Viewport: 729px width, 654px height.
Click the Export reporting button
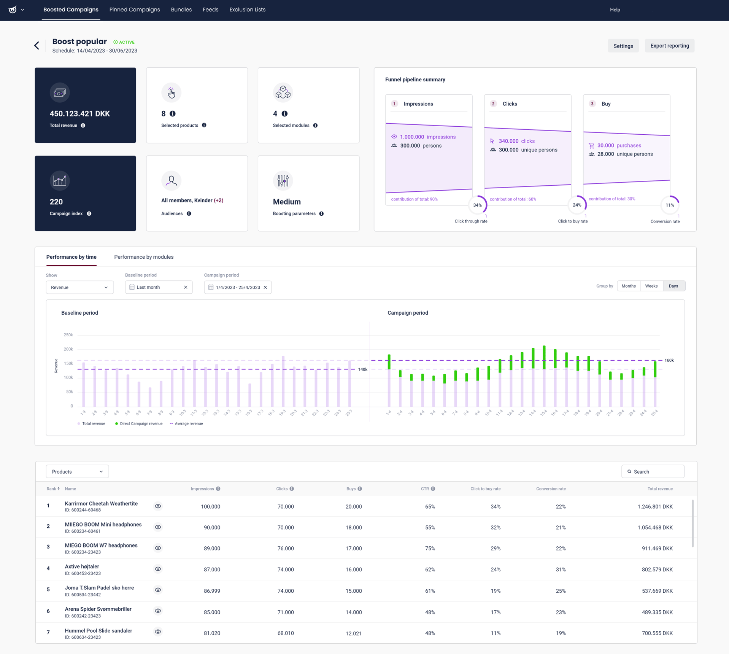(669, 46)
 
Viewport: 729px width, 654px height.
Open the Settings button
(623, 46)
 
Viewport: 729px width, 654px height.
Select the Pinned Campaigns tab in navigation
(135, 10)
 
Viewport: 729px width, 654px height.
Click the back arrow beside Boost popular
(37, 46)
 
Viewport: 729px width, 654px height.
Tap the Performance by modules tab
(144, 257)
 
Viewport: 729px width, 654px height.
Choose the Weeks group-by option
(651, 286)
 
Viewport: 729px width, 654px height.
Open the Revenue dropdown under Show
(79, 287)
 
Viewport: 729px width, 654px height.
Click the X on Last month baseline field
(186, 287)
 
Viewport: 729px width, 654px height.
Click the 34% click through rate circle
(477, 205)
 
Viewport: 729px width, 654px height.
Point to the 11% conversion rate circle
(670, 205)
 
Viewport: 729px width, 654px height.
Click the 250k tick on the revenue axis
(68, 335)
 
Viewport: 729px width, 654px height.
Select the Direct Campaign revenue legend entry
(139, 423)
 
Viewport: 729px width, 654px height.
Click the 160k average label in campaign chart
(669, 360)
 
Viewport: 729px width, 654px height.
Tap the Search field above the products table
(653, 471)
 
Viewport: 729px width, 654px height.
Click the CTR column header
(425, 489)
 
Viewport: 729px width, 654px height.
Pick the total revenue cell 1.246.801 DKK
(655, 506)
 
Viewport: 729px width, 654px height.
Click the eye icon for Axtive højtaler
(158, 569)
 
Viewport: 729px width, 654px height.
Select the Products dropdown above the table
(77, 471)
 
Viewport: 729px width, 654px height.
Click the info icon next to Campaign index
(89, 214)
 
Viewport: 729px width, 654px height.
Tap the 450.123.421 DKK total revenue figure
(80, 114)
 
